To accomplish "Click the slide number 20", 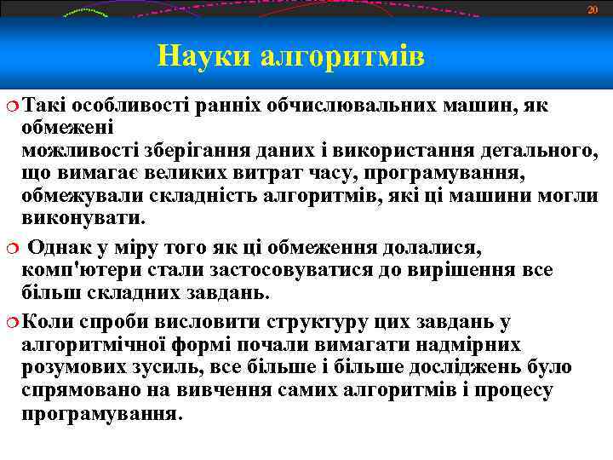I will pyautogui.click(x=593, y=9).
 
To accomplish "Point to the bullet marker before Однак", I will pyautogui.click(x=10, y=248).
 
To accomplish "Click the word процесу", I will pyautogui.click(x=514, y=390).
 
